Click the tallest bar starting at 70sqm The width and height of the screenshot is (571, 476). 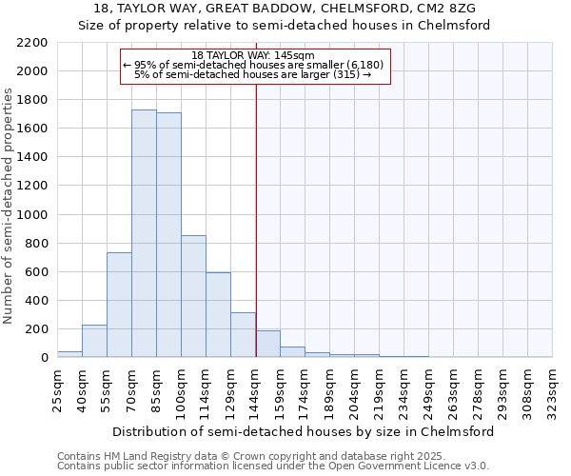pyautogui.click(x=144, y=233)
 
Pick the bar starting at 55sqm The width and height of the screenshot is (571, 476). pyautogui.click(x=119, y=305)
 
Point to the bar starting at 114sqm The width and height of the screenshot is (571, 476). pyautogui.click(x=218, y=315)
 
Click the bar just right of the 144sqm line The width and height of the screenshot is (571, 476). pyautogui.click(x=267, y=344)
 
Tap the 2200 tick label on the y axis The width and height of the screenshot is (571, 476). pyautogui.click(x=30, y=43)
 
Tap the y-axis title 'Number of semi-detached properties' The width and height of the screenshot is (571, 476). pyautogui.click(x=10, y=206)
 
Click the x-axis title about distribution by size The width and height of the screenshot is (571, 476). pyautogui.click(x=303, y=431)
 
